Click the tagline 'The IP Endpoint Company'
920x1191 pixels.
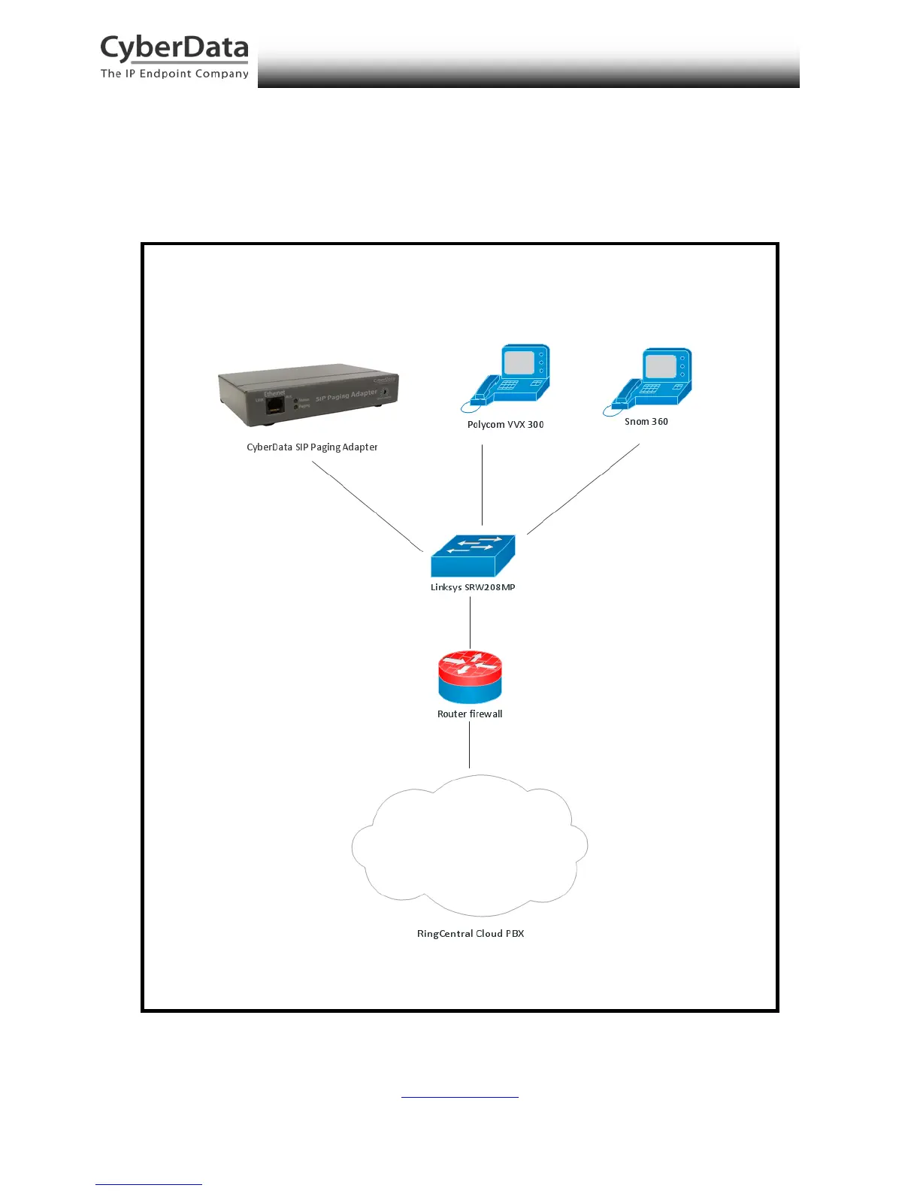coord(174,74)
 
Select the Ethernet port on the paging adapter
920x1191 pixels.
coord(275,405)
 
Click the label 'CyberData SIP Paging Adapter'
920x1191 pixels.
coord(312,447)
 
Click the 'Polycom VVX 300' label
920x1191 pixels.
coord(505,425)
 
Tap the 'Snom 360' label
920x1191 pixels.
coord(646,422)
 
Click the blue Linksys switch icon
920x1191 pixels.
coord(473,556)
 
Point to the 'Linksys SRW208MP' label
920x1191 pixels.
coord(473,587)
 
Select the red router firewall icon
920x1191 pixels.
coord(470,676)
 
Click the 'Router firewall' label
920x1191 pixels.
coord(470,714)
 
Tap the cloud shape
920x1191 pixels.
coord(470,846)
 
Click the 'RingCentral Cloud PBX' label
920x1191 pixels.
coord(471,934)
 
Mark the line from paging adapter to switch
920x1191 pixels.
coord(368,506)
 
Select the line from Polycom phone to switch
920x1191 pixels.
coord(482,485)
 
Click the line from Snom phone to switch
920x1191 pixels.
coord(583,489)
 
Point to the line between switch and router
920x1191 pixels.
coord(470,622)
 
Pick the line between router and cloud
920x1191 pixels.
coord(470,744)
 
